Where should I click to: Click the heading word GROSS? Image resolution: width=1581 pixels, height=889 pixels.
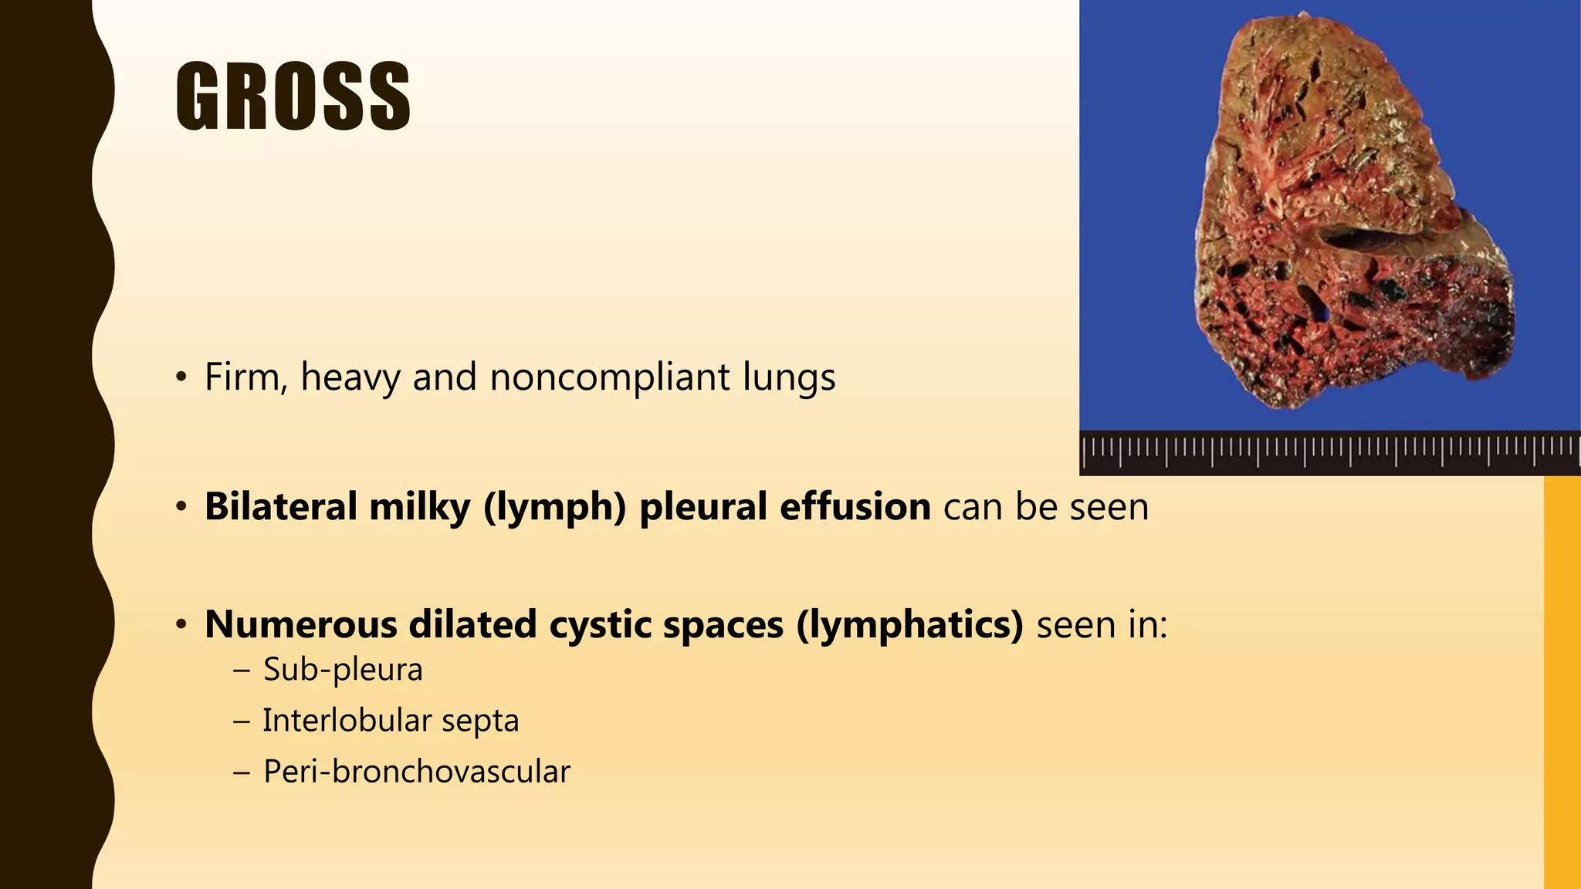tap(293, 96)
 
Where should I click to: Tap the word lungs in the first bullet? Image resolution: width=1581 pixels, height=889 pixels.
tap(789, 377)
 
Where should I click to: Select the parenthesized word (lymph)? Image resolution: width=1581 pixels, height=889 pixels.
tap(554, 507)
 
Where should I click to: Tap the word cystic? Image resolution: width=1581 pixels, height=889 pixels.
tap(599, 624)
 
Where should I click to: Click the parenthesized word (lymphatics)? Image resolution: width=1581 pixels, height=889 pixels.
tap(909, 624)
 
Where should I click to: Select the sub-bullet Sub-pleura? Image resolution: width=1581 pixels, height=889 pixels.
tap(343, 669)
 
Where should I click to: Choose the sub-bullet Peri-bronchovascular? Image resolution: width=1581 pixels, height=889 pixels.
tap(416, 771)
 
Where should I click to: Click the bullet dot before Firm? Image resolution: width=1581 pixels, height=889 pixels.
tap(181, 377)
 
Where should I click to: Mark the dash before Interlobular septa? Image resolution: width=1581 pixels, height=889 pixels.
tap(242, 721)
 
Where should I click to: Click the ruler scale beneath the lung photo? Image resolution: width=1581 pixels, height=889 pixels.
tap(1328, 452)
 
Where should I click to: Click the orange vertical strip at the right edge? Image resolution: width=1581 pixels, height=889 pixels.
tap(1562, 679)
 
